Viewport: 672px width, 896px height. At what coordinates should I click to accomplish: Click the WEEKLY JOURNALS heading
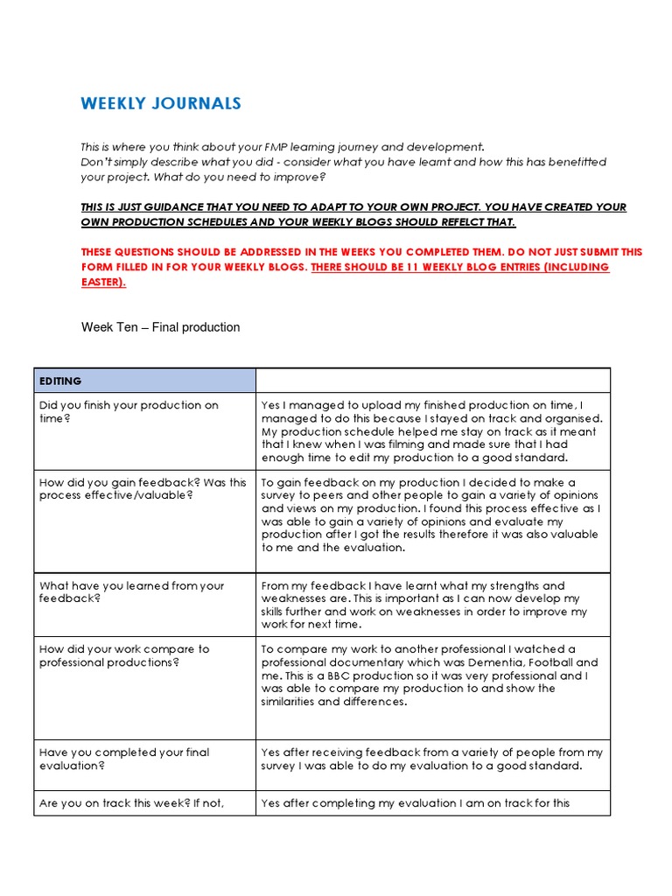pos(161,104)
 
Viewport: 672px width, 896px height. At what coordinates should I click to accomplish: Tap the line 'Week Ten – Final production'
pos(160,327)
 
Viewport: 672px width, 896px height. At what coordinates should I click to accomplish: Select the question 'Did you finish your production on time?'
pos(129,412)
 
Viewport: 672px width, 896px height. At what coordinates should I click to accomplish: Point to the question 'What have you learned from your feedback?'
pos(131,592)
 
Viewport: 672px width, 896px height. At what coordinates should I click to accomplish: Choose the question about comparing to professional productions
pos(124,656)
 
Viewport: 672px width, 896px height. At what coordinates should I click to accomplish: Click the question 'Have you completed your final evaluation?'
pos(124,759)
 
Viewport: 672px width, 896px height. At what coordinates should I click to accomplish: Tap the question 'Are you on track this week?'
pos(124,803)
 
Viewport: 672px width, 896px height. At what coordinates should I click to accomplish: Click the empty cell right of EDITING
pos(432,381)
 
